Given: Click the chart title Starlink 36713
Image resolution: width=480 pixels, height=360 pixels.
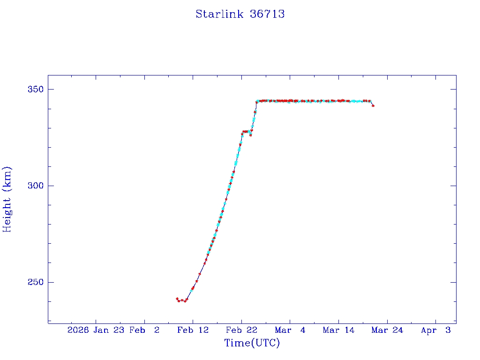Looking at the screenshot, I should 240,14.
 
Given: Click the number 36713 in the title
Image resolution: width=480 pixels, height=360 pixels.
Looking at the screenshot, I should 268,14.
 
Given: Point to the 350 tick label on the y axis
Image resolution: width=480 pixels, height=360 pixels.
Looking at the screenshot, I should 33,89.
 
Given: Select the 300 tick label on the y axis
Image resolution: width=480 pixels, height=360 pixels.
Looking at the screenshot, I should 33,186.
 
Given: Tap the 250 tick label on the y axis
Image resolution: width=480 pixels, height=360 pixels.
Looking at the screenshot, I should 33,282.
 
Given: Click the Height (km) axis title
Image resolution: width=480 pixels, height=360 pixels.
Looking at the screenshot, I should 7,199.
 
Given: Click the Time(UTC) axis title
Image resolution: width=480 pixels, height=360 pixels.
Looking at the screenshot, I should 252,343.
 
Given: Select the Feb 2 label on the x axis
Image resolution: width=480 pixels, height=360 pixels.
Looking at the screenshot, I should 144,330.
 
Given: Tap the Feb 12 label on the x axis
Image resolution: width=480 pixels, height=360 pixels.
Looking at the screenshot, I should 193,330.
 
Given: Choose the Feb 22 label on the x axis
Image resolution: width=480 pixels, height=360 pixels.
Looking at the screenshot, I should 241,330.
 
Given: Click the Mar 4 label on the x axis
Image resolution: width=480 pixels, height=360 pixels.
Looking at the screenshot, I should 290,330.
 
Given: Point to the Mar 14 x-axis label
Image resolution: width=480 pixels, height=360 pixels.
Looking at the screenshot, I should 338,330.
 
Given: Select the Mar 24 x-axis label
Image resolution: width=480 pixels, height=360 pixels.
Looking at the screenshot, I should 387,330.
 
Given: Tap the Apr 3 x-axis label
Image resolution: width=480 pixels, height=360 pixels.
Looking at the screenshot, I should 435,330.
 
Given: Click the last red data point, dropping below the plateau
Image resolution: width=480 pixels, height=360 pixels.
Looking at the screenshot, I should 373,106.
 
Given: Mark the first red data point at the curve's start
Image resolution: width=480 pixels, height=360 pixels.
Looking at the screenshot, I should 177,299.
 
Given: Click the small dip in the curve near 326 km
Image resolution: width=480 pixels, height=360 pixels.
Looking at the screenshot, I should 250,135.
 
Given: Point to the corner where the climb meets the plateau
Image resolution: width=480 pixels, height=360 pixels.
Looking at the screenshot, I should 256,101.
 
